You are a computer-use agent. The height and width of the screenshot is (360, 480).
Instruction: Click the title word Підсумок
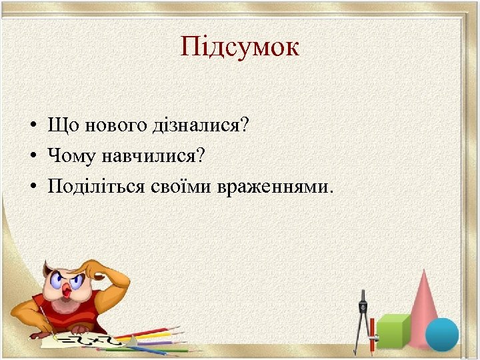click(x=240, y=47)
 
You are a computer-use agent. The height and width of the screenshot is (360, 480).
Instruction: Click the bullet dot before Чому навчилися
click(x=31, y=157)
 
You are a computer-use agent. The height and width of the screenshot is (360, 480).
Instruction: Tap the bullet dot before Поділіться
click(x=31, y=187)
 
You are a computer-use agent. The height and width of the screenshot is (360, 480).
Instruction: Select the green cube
click(x=393, y=331)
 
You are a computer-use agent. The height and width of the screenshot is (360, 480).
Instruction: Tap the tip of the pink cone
click(x=424, y=272)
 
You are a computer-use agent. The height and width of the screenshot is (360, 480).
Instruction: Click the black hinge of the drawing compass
click(x=363, y=296)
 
